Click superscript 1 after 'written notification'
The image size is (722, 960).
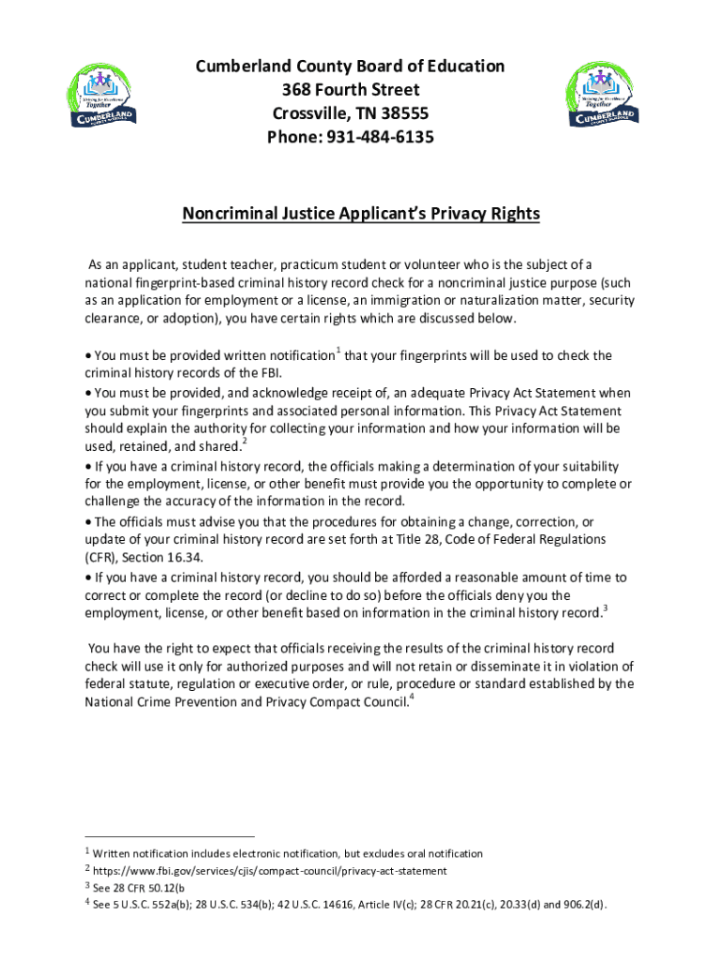tap(338, 351)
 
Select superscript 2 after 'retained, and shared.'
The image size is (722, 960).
tap(245, 442)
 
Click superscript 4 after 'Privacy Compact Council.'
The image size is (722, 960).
tap(413, 698)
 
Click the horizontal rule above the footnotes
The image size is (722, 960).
tap(169, 836)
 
